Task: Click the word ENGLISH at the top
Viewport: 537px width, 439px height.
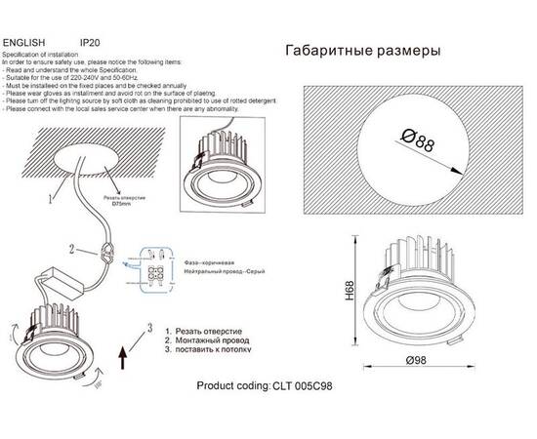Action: click(x=25, y=43)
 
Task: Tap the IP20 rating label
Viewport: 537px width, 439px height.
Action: click(x=90, y=43)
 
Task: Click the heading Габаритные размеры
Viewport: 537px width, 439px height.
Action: click(x=361, y=50)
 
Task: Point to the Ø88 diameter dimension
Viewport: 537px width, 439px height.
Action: click(x=417, y=145)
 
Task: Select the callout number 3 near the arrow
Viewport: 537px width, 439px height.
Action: click(x=149, y=328)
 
